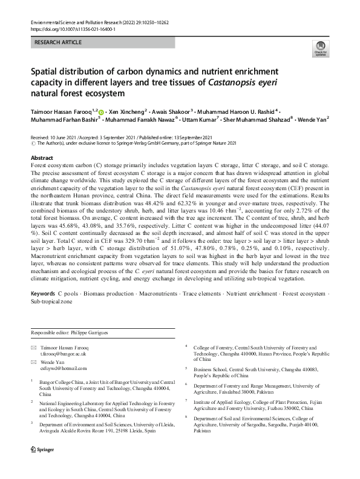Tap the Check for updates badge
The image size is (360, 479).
click(319, 48)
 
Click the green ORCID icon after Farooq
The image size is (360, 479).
click(101, 113)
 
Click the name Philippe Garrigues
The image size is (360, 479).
click(87, 334)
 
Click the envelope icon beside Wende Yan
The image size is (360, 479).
click(33, 362)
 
